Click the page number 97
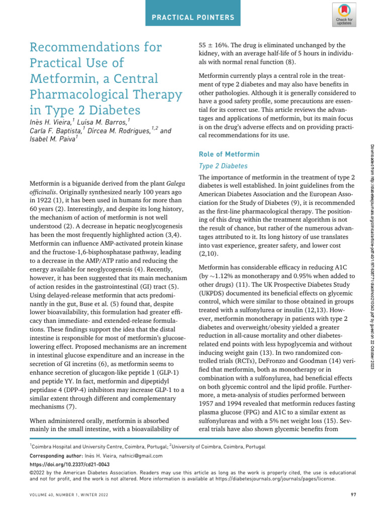pos(353,496)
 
